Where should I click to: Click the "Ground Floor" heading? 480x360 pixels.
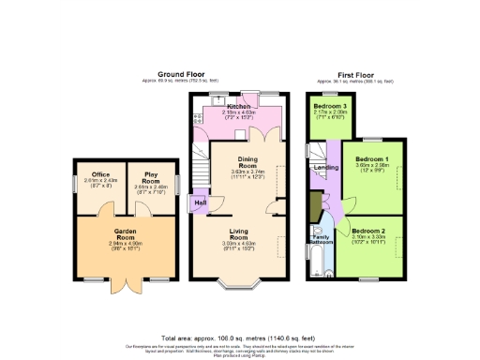182,72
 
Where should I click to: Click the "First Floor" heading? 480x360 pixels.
356,72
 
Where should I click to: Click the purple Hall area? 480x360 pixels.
200,202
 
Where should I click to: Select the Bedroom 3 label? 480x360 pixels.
330,106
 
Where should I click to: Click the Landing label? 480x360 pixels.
325,168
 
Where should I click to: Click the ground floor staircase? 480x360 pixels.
202,150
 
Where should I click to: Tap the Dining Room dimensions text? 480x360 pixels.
250,174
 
